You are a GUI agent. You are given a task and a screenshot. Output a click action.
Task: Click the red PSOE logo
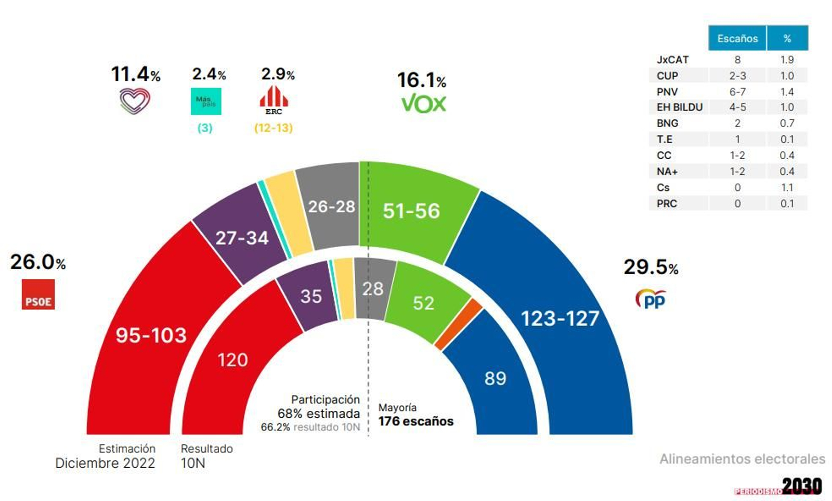38,294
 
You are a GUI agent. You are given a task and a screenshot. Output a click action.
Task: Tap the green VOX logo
423,104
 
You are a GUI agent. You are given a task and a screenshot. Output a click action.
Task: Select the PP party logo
651,299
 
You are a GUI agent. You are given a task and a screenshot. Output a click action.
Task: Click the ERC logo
274,100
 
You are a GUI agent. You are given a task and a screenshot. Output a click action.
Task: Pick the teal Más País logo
206,101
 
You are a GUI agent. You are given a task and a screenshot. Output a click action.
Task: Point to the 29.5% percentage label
651,267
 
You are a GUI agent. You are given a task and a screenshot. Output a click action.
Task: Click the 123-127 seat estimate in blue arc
560,318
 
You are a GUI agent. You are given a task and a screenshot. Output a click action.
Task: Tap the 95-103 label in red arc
151,336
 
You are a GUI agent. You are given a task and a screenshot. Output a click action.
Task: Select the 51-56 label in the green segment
411,211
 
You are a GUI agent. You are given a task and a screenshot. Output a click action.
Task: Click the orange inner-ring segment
459,324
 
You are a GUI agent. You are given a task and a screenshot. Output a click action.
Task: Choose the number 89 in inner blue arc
495,378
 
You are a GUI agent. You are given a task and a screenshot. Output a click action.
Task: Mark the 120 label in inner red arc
232,360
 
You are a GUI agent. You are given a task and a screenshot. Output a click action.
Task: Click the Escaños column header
737,38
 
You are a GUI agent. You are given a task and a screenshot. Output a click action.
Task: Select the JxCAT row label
672,60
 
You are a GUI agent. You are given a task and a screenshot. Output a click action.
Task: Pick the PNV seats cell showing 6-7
737,92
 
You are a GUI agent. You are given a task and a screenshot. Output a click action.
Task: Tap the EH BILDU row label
679,107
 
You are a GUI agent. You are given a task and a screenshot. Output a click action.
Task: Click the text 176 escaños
415,421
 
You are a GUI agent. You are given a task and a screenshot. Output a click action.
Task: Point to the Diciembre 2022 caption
105,463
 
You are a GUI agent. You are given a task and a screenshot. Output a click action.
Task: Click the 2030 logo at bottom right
801,486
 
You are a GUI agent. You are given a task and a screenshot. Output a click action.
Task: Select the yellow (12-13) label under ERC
273,128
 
